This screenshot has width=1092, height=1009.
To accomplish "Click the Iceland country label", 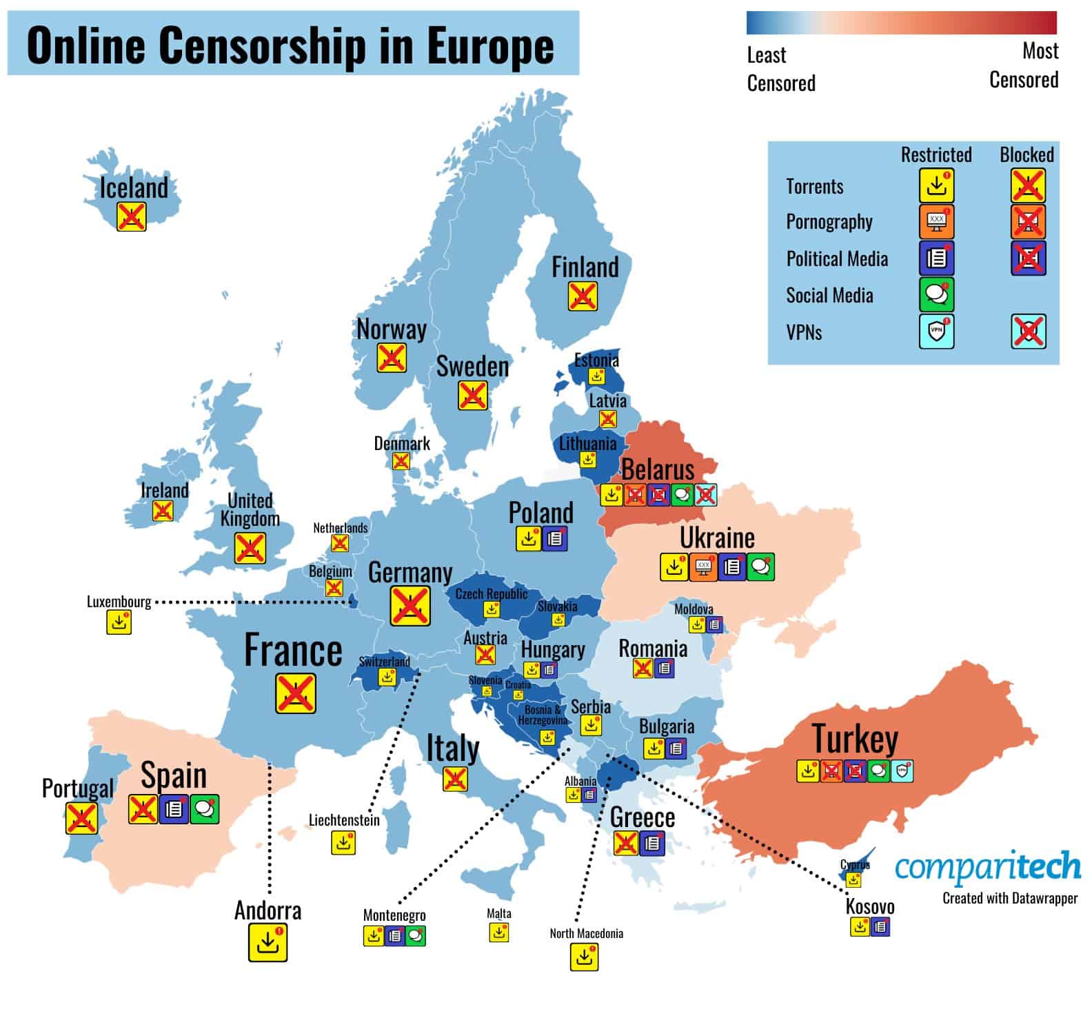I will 134,187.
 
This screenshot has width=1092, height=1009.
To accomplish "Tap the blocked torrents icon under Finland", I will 583,296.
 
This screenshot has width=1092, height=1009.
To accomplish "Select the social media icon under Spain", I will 205,809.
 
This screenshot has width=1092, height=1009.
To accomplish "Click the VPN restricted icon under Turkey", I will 902,771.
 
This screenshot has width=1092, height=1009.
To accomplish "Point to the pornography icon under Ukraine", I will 703,567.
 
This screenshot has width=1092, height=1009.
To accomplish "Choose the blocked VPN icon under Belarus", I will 705,494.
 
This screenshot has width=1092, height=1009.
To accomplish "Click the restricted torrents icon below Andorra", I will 267,943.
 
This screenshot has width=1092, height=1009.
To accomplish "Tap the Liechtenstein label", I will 344,820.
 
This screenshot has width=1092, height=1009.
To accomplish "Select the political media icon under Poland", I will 554,539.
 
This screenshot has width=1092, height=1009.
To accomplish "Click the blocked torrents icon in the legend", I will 1028,185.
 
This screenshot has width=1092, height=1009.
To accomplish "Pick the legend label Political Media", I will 837,259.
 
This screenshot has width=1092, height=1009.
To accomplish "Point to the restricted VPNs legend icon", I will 936,332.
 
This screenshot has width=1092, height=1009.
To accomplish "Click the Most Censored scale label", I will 1024,65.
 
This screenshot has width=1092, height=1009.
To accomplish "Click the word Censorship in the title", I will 261,45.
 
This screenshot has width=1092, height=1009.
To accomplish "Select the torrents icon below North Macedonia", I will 584,957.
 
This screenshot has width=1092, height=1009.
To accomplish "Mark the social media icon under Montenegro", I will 416,936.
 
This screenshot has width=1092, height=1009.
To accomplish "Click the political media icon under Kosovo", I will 880,927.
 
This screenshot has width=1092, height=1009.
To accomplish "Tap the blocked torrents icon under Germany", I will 410,606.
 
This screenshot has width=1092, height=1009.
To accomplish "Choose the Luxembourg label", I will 119,602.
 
